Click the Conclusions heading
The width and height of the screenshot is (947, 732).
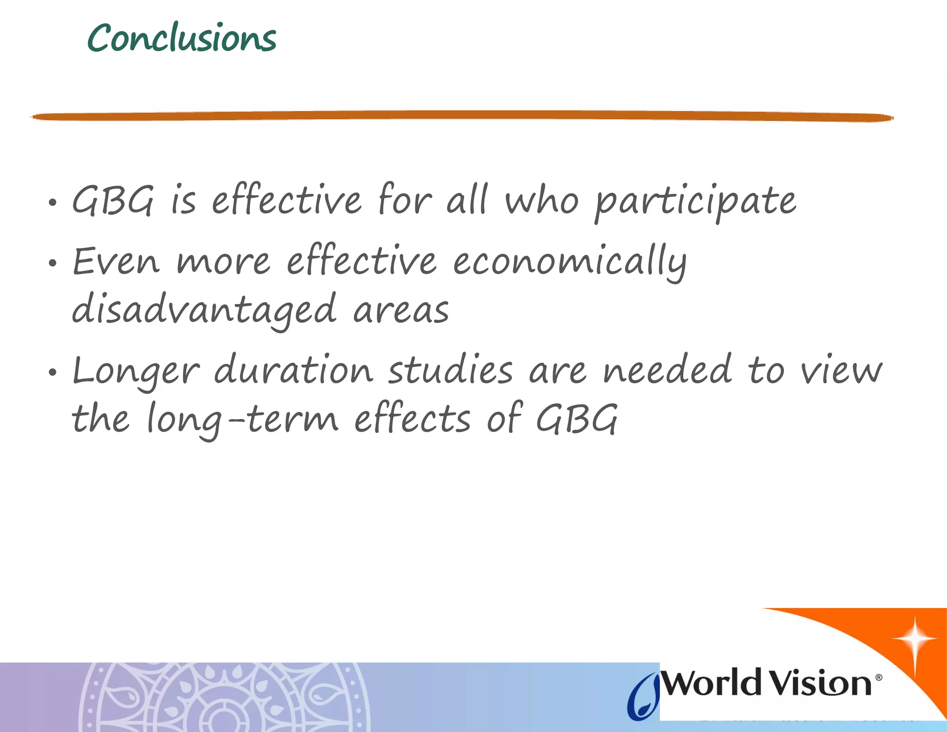(182, 38)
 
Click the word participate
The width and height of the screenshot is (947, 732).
(695, 202)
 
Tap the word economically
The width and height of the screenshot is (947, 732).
(570, 262)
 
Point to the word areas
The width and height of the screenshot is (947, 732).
(401, 310)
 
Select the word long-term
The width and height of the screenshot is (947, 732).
(243, 419)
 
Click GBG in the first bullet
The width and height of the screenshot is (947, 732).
(112, 201)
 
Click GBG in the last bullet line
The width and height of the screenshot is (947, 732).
(576, 419)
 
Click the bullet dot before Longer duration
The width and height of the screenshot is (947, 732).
(53, 372)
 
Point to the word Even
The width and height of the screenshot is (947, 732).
(116, 262)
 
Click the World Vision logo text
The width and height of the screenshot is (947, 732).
(768, 683)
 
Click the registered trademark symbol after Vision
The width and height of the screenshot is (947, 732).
(879, 677)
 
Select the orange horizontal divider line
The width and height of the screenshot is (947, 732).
(462, 116)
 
